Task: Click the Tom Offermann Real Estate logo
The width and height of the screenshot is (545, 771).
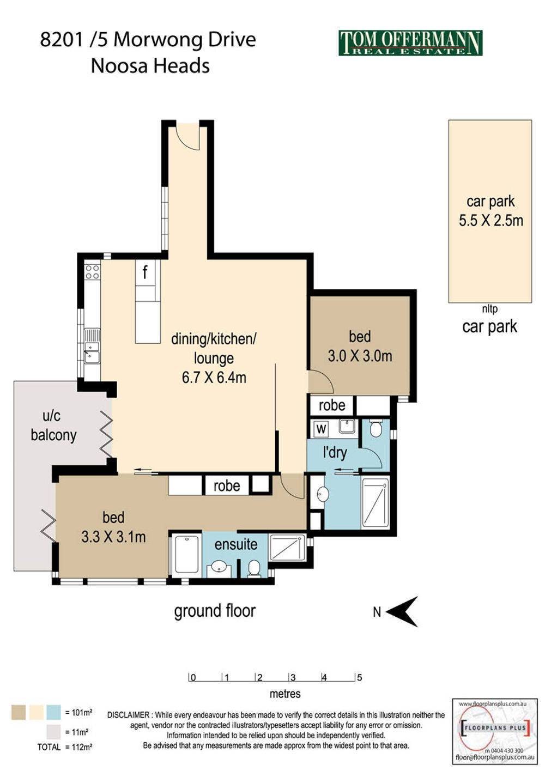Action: [410, 43]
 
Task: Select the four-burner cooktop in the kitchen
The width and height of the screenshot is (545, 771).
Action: [92, 272]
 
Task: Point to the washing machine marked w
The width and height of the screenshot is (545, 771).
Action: [322, 429]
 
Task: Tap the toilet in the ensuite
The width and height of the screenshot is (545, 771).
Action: [254, 568]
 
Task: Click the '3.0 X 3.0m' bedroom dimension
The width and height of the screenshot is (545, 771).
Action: [360, 356]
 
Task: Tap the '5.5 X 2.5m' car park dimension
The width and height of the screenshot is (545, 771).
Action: [491, 220]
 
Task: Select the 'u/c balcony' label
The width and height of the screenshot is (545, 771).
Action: [53, 426]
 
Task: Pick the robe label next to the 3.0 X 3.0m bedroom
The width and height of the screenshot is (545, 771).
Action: [332, 405]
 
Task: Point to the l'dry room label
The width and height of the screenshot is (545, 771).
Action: [335, 453]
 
